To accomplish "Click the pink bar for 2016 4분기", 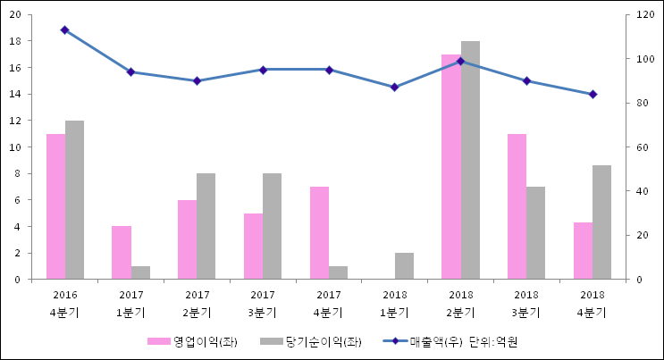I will (x=55, y=206).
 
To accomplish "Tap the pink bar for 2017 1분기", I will (x=122, y=253).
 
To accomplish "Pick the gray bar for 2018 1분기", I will (x=404, y=266).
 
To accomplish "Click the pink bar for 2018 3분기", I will (x=517, y=206).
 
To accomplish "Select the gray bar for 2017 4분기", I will (x=339, y=272).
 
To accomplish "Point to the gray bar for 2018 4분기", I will (x=601, y=222).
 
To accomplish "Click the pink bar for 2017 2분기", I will (x=187, y=239).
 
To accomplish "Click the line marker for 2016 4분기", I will (x=64, y=30).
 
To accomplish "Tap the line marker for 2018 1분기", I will (x=394, y=87).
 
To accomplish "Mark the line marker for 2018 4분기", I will (x=593, y=94).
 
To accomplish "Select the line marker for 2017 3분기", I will (x=263, y=70).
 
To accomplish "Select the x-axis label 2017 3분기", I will (x=263, y=303).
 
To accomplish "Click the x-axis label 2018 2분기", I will (x=461, y=303).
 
